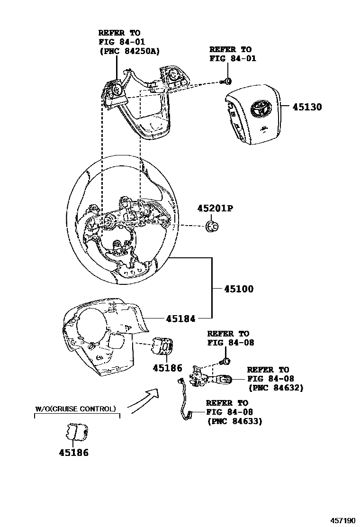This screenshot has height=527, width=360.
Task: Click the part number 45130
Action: (x=306, y=107)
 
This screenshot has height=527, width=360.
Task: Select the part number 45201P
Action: (x=216, y=209)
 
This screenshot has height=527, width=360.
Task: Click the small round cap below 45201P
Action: (x=212, y=227)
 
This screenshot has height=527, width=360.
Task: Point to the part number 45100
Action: (x=239, y=289)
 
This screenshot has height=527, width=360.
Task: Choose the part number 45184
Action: (x=180, y=319)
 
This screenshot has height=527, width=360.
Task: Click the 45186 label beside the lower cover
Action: (x=167, y=368)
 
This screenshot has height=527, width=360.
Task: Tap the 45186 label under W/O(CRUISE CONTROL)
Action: (x=73, y=453)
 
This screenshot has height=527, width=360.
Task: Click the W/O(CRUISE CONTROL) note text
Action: (x=76, y=409)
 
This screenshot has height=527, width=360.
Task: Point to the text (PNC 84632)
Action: (x=276, y=388)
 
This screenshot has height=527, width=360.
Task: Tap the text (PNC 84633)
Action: (x=234, y=421)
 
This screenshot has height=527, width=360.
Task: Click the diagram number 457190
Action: (x=342, y=520)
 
